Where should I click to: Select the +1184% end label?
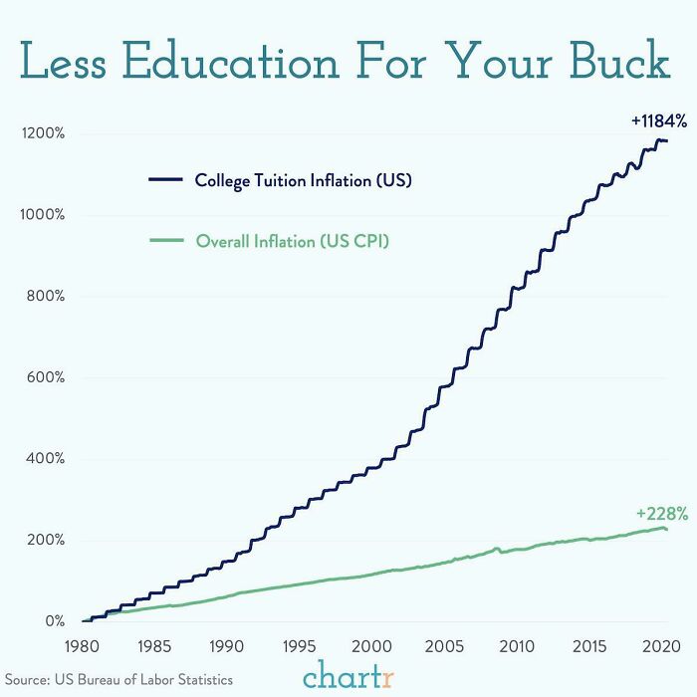click(658, 120)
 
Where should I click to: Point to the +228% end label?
click(662, 514)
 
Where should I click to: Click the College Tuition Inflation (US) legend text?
click(303, 180)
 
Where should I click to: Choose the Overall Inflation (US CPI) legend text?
click(292, 241)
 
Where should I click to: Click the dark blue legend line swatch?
click(165, 180)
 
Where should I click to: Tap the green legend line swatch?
click(165, 241)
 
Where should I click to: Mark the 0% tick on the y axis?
click(54, 621)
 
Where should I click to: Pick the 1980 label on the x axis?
click(84, 645)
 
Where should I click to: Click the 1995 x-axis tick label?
click(297, 645)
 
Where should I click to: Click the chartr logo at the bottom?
click(348, 675)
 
